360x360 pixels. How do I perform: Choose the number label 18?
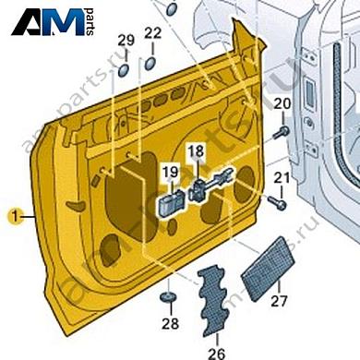197,150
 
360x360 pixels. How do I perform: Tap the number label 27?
279,301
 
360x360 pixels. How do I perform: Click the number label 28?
169,323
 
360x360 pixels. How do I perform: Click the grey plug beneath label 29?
124,69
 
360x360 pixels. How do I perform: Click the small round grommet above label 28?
168,297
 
